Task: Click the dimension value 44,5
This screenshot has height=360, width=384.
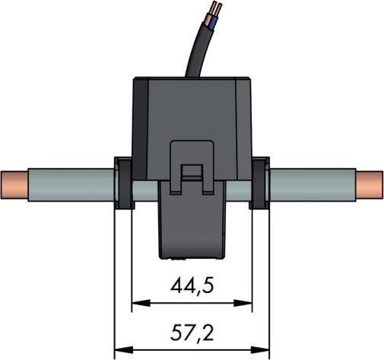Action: tap(192, 288)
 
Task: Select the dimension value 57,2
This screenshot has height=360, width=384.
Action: tap(192, 333)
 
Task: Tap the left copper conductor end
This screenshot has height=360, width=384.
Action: tap(14, 186)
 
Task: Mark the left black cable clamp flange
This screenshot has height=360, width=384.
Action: tap(121, 184)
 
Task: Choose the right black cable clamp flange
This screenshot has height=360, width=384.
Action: tap(260, 184)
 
